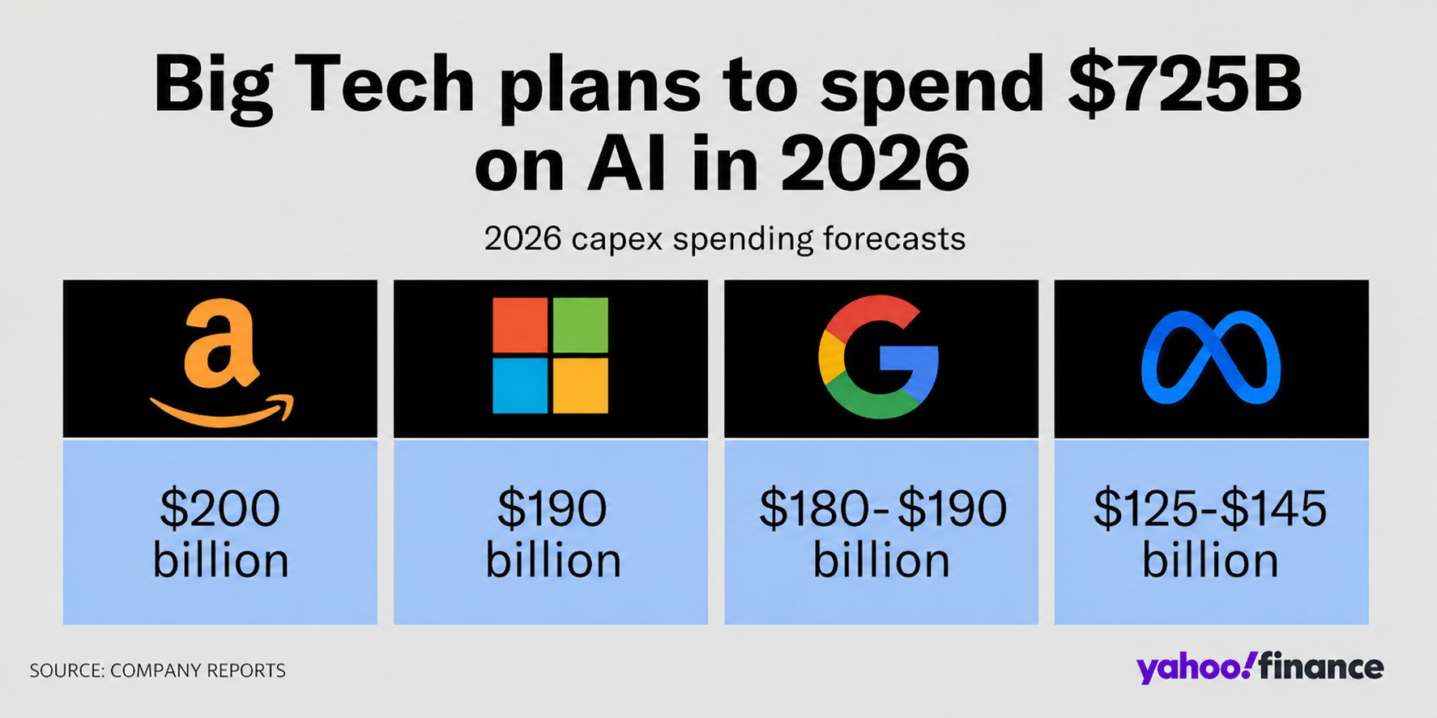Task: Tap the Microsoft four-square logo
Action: [550, 355]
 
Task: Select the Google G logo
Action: [879, 357]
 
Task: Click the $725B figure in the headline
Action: [1184, 84]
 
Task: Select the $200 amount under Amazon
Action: [220, 508]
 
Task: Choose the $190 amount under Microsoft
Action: [552, 508]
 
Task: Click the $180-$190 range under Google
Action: [882, 508]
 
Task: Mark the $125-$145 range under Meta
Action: [1210, 508]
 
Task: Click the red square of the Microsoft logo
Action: [520, 325]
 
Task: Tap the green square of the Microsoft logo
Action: [580, 325]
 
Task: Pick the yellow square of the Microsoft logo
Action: [580, 386]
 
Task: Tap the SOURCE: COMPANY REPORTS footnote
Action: [157, 670]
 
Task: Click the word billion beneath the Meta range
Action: [1210, 561]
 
